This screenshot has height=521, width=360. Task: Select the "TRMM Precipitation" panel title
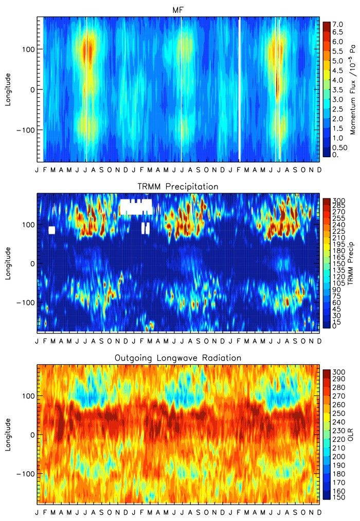[x=178, y=186]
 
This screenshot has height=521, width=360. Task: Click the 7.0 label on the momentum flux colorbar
[x=337, y=24]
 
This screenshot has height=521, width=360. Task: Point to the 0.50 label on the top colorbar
[x=339, y=147]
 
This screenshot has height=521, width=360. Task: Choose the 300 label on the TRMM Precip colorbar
[x=338, y=200]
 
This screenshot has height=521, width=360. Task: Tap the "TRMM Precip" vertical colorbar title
[x=353, y=264]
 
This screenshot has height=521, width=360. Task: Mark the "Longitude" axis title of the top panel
[x=8, y=89]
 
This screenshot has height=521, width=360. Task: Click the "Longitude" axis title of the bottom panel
[x=8, y=435]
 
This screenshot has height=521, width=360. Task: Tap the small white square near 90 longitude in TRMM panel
[x=51, y=230]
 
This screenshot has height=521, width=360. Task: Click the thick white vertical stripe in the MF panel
[x=239, y=89]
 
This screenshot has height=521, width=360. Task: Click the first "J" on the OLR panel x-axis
[x=37, y=513]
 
